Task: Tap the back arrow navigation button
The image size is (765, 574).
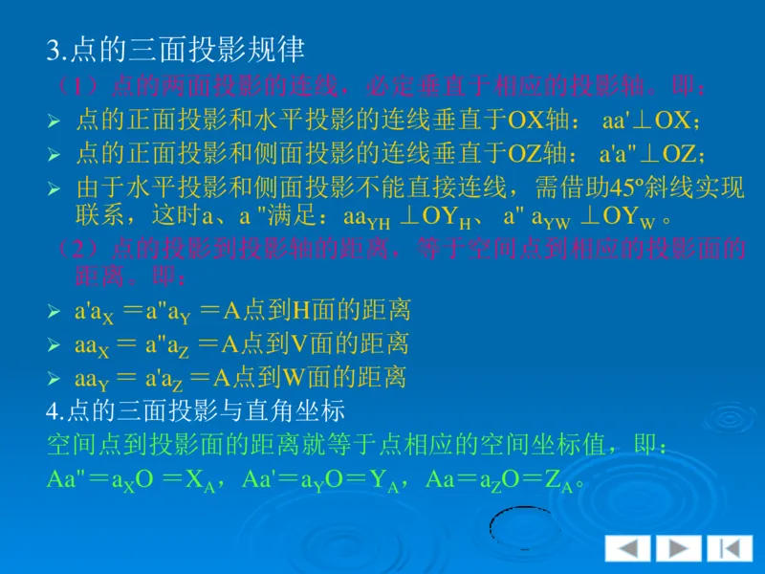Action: [628, 548]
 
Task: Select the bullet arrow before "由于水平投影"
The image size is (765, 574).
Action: [54, 188]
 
